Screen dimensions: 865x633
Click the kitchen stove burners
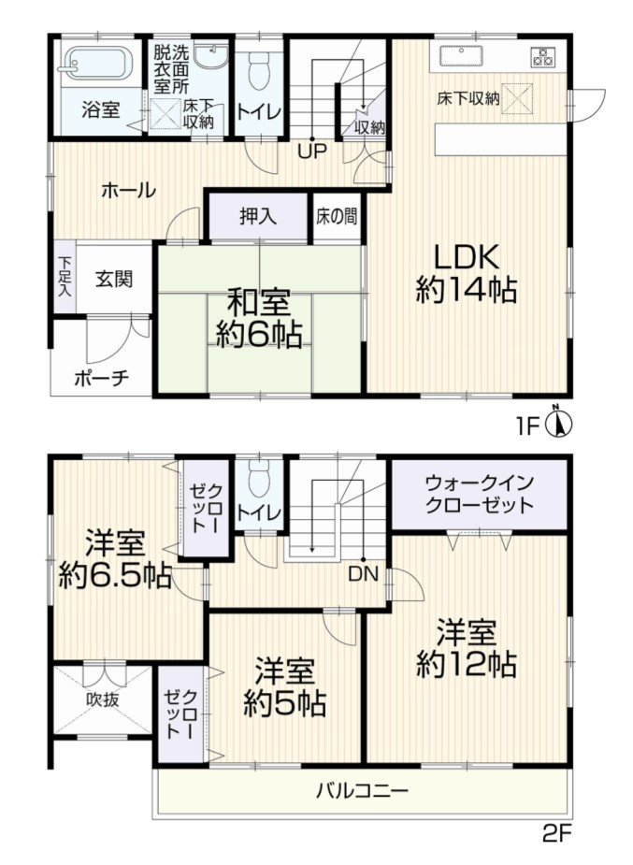(543, 55)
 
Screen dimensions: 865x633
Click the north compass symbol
(559, 425)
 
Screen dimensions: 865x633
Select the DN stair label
(364, 574)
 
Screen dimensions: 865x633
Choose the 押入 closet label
(258, 216)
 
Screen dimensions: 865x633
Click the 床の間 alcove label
(335, 216)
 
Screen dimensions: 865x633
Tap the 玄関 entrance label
(113, 279)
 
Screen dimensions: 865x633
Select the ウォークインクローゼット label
(479, 494)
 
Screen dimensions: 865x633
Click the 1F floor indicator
(529, 426)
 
